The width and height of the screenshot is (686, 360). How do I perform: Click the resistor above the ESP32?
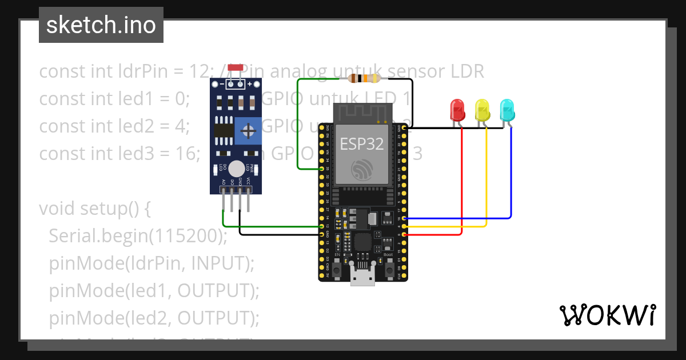pyautogui.click(x=366, y=79)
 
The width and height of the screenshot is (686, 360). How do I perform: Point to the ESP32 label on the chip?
pyautogui.click(x=362, y=143)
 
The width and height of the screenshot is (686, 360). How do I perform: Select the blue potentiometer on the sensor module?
pyautogui.click(x=249, y=131)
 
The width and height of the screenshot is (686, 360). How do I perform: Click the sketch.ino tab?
pyautogui.click(x=101, y=25)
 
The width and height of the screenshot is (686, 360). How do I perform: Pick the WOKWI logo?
pyautogui.click(x=607, y=315)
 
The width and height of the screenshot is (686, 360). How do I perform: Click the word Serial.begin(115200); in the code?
pyautogui.click(x=138, y=235)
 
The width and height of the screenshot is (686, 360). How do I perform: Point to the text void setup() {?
pyautogui.click(x=95, y=208)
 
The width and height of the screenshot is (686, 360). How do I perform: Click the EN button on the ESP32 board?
pyautogui.click(x=337, y=269)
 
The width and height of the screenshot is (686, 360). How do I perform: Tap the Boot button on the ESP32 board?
pyautogui.click(x=388, y=269)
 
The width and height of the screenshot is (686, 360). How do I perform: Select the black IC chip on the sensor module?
pyautogui.click(x=224, y=132)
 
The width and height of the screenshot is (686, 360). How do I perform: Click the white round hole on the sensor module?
pyautogui.click(x=236, y=169)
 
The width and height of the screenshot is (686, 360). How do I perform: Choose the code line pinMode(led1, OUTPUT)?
pyautogui.click(x=154, y=290)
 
